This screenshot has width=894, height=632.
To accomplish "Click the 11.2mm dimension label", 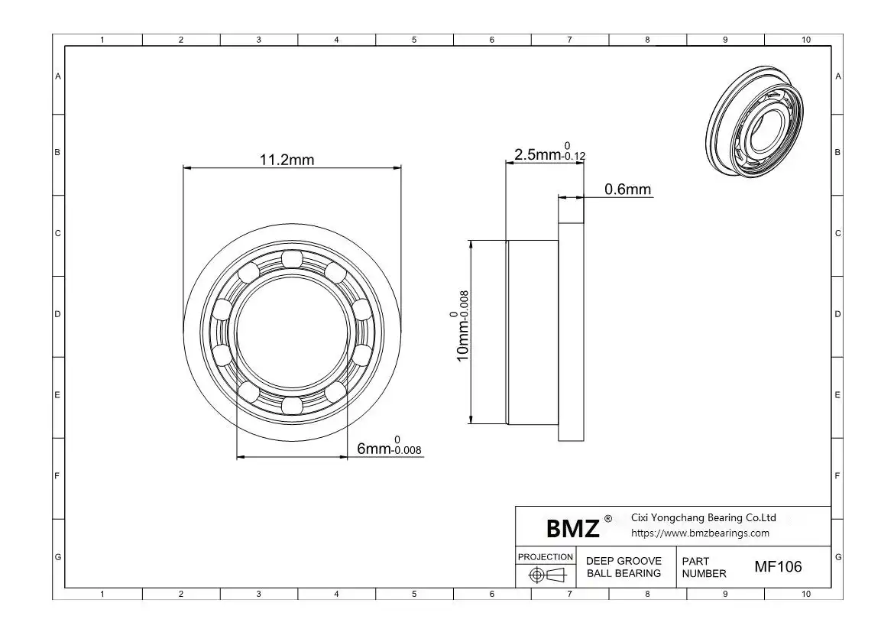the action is click(287, 160).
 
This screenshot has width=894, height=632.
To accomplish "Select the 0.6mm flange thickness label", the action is click(627, 189).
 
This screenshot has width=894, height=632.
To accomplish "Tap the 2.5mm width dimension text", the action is click(549, 152).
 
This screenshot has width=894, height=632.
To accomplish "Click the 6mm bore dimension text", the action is click(389, 446).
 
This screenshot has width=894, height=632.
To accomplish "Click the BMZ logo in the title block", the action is click(572, 528).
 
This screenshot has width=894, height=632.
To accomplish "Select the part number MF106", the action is click(778, 566).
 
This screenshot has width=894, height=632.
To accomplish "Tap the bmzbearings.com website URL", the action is click(700, 533).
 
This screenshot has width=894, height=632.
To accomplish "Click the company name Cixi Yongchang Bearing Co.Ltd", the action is click(704, 518).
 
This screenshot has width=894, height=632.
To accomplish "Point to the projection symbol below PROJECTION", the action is click(547, 575).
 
